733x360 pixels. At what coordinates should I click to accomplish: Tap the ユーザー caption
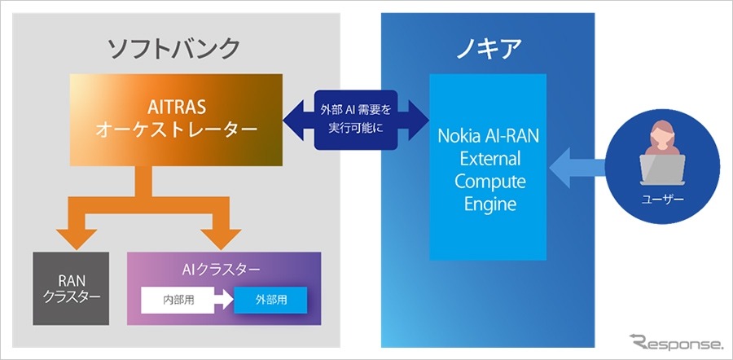tap(660, 200)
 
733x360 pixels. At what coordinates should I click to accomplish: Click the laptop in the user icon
tap(661, 169)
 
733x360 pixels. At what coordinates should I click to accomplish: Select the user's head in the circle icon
tap(661, 138)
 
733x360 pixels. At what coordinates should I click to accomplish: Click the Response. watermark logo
tap(675, 342)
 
